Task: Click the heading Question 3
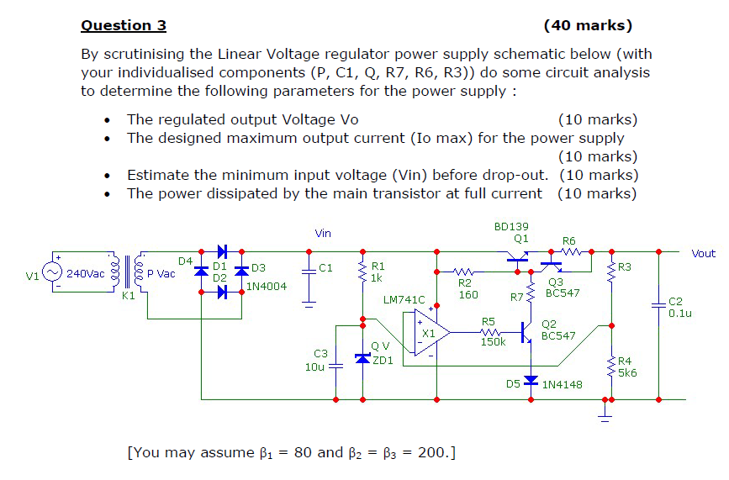point(123,25)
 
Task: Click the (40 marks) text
point(588,25)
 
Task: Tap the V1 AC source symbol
point(54,273)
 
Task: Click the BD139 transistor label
point(512,226)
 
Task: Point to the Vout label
point(703,253)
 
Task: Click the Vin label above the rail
point(323,233)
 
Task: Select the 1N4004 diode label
point(267,286)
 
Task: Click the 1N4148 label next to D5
point(563,384)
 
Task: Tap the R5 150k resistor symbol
point(489,332)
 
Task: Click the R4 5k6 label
point(628,367)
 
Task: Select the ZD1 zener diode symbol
point(362,357)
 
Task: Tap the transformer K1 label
point(128,296)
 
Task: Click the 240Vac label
point(86,274)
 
